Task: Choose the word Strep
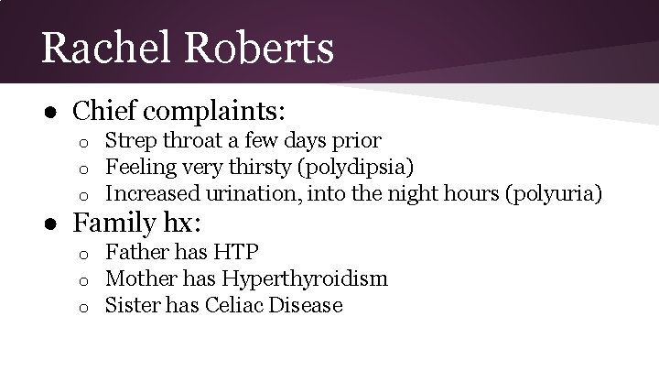[x=129, y=141]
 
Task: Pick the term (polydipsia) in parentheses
[x=356, y=168]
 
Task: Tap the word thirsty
[x=260, y=168]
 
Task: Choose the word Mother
[x=137, y=278]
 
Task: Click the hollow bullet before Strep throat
[x=81, y=143]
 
